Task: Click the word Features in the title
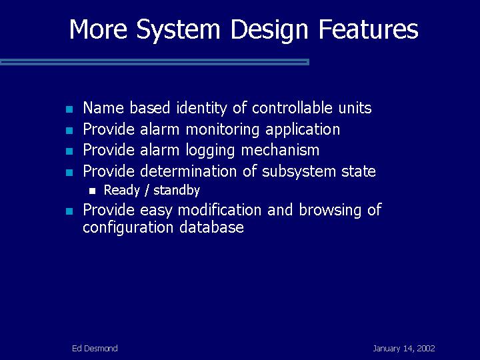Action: coord(368,29)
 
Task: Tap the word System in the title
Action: coord(178,30)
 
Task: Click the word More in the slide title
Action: coord(98,29)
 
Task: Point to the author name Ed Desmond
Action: coord(95,349)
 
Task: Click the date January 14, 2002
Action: coord(404,349)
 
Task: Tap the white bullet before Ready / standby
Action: coord(93,191)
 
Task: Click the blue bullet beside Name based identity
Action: coord(69,109)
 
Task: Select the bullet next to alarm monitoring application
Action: coord(69,131)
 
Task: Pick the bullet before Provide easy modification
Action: coord(69,211)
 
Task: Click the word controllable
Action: coord(292,107)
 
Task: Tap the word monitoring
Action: coord(223,130)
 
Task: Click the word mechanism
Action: coord(280,150)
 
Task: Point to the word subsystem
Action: coord(299,171)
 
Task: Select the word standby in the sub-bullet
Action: coord(176,191)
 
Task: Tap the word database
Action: coord(211,227)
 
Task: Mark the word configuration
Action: coord(127,228)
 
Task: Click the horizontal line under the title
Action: coord(155,62)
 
